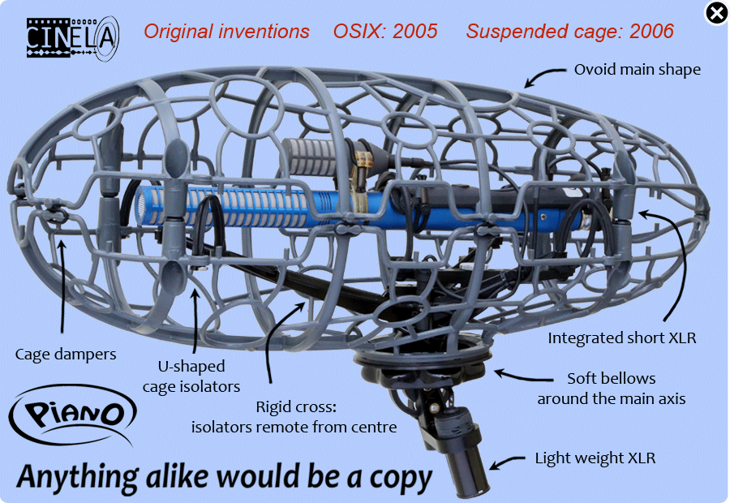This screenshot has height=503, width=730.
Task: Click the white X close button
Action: coord(716,13)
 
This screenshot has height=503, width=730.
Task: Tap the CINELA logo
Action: coord(73,38)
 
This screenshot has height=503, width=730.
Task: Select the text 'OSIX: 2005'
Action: coord(385,31)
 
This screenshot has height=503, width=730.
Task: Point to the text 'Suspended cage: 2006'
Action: coord(570,31)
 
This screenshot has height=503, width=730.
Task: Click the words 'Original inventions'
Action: coord(226,31)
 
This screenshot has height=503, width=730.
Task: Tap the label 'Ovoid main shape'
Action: coord(638,70)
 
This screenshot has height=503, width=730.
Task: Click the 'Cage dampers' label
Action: coord(66,355)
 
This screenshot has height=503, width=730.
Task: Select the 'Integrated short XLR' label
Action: coord(622,337)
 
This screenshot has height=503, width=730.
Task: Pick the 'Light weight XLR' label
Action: coord(595,458)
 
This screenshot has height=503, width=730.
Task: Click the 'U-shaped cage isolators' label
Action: coord(191,376)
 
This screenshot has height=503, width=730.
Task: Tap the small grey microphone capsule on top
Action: coord(310,157)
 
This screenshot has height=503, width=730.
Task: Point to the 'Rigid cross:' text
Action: coord(296,407)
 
